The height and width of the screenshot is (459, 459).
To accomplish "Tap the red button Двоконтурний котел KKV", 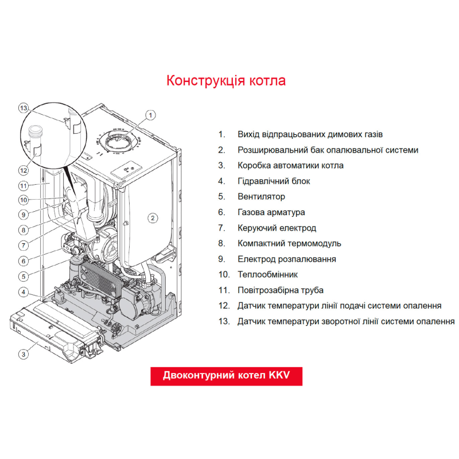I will (x=226, y=376).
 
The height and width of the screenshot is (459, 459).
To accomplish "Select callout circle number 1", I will (x=150, y=115).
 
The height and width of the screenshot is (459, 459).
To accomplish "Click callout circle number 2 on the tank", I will (x=153, y=217).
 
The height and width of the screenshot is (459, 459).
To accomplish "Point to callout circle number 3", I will (x=24, y=354).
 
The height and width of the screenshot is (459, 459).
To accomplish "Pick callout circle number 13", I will (x=24, y=107).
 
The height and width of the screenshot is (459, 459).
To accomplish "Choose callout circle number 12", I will (x=24, y=170).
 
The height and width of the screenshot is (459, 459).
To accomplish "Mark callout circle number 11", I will (x=24, y=185).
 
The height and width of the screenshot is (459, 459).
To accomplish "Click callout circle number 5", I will (x=24, y=276).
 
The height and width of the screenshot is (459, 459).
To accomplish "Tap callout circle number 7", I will (x=24, y=245).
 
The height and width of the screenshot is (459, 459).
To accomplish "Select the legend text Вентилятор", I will (x=261, y=197).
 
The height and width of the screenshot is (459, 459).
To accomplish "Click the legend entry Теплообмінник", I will (x=267, y=275).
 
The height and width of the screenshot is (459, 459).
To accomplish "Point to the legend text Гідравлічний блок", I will (x=274, y=181).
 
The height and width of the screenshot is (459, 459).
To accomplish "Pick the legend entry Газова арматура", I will (x=271, y=212).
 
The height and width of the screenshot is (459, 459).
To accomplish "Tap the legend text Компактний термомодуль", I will (x=289, y=243).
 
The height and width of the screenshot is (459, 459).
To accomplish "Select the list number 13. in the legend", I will (x=223, y=321).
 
